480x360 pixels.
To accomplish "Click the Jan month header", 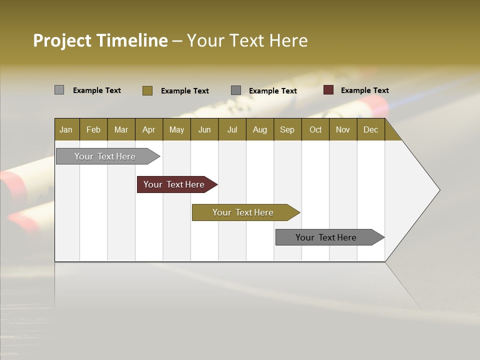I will [66, 129].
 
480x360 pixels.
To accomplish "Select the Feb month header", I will [93, 129].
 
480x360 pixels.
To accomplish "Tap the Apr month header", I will [149, 129].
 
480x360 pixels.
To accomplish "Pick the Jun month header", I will [204, 129].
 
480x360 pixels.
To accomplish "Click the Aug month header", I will [260, 129].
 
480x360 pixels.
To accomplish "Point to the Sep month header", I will [287, 129].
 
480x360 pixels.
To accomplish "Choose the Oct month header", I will [315, 129].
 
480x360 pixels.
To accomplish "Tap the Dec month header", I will [371, 129].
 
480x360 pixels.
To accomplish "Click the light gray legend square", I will [59, 90].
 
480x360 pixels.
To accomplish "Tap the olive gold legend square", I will [147, 90].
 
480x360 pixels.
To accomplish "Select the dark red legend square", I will [328, 90].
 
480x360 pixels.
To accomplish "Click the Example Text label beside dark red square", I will [364, 90].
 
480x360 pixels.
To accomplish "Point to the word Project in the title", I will [62, 40].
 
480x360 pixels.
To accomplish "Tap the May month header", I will [176, 129].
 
